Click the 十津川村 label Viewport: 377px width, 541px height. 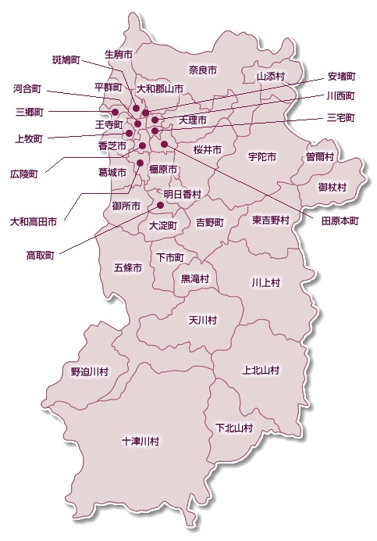[140, 442]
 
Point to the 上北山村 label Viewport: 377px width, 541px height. [261, 370]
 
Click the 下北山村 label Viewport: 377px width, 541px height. [234, 428]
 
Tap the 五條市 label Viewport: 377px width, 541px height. [128, 267]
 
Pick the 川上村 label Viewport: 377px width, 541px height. [265, 281]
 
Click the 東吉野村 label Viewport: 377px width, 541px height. [271, 221]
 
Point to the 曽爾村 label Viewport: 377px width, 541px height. [320, 156]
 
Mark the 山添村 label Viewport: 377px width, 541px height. [272, 77]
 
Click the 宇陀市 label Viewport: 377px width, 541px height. [262, 156]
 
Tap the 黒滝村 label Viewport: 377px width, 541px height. [195, 278]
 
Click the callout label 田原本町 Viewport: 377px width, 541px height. [340, 221]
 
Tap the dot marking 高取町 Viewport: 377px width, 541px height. [161, 206]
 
